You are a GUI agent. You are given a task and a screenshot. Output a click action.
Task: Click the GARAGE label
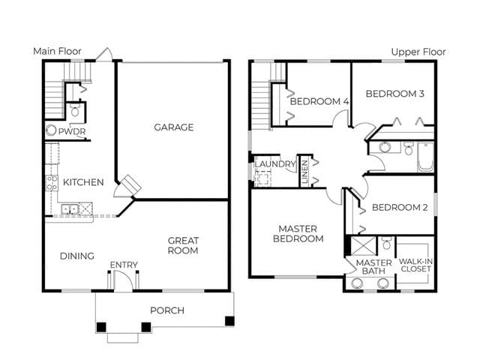[173, 127]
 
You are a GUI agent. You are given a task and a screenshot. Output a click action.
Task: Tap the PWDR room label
[72, 132]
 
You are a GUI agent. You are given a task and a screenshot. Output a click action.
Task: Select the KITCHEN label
[83, 182]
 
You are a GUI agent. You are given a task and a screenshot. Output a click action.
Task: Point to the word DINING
[76, 256]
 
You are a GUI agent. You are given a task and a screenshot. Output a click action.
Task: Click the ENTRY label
[124, 265]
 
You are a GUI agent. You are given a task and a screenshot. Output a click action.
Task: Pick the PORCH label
[167, 310]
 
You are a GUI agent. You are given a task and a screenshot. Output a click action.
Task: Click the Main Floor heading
[57, 51]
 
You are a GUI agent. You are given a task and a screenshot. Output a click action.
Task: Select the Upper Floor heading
[418, 52]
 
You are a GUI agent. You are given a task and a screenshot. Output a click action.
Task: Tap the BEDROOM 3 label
[395, 93]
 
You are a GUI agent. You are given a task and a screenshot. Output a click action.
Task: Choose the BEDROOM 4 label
[319, 101]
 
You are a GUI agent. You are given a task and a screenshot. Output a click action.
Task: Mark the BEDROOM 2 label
[400, 208]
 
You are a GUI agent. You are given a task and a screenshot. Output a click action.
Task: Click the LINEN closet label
[304, 172]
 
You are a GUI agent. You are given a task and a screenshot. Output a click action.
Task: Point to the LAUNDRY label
[275, 164]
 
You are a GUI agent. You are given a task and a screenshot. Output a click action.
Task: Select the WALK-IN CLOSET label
[415, 265]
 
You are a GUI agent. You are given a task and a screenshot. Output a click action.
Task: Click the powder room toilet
[75, 110]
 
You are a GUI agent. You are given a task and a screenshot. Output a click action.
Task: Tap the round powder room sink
[51, 130]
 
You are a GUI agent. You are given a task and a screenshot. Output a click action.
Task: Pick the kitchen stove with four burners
[52, 183]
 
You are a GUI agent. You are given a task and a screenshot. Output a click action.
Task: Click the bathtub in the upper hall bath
[425, 157]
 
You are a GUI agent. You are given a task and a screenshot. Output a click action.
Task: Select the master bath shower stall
[363, 245]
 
